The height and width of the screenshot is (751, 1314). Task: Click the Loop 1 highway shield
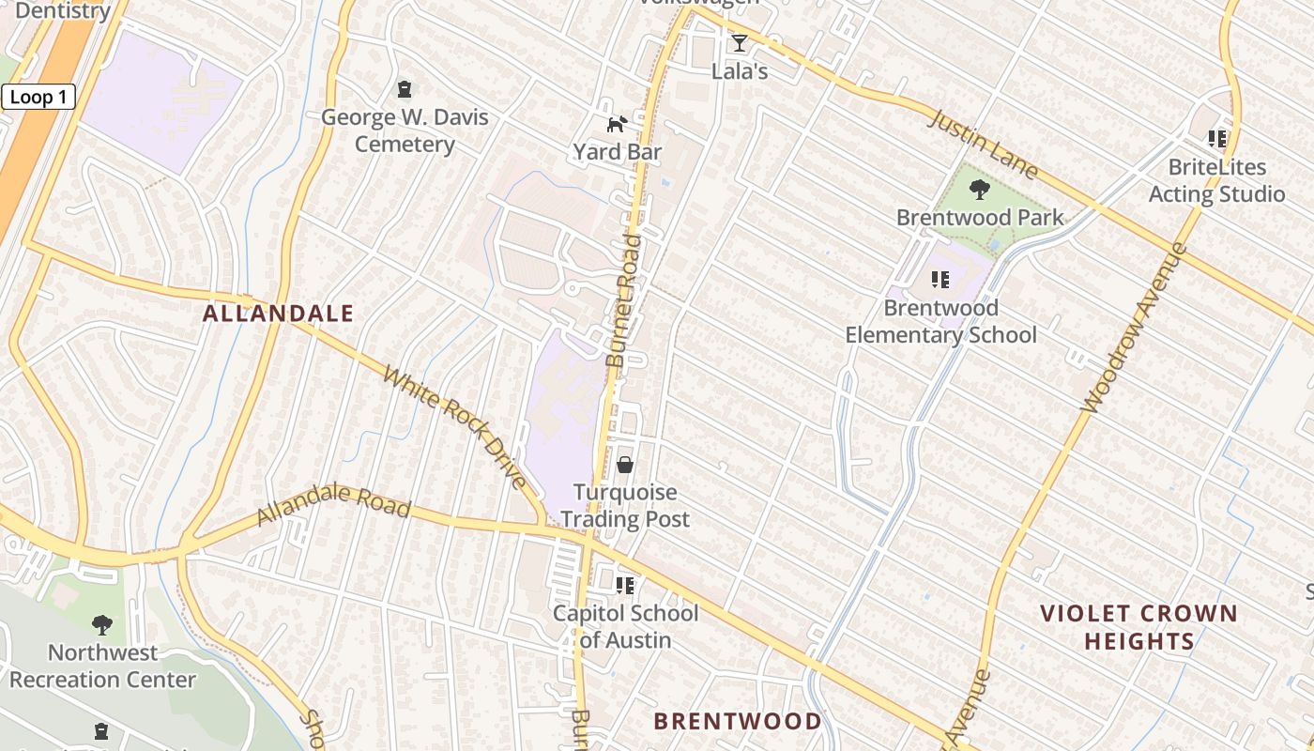coord(38,97)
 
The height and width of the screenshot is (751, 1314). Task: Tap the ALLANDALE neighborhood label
coord(279,314)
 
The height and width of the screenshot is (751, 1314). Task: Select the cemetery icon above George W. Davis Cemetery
coord(405,89)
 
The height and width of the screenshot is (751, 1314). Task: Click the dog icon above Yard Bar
coord(617,124)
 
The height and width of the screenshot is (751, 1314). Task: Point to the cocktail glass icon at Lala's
coord(740,43)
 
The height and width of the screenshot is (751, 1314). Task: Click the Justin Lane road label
coord(984,145)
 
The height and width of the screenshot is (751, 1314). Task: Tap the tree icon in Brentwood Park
coord(980,190)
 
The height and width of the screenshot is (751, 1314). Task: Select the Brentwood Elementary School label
coord(941,321)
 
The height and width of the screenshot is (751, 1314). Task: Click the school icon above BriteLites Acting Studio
coord(1217,139)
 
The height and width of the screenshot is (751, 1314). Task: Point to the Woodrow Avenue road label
coord(1134,329)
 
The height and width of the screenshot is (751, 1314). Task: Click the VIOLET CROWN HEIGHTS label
coord(1138,627)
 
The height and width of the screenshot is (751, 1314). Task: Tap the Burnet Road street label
coord(624,300)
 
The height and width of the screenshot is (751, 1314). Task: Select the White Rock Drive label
coord(455,427)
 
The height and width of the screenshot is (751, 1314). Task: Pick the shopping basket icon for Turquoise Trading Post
coord(625,465)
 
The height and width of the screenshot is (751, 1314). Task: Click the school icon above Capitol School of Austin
coord(625,586)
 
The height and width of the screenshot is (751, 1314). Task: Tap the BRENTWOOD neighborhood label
coord(738,721)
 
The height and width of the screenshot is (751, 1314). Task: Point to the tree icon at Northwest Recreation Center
coord(102,624)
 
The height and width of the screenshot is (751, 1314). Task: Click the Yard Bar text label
coord(618,152)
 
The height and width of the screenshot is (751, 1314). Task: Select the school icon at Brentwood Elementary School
coord(940,279)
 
